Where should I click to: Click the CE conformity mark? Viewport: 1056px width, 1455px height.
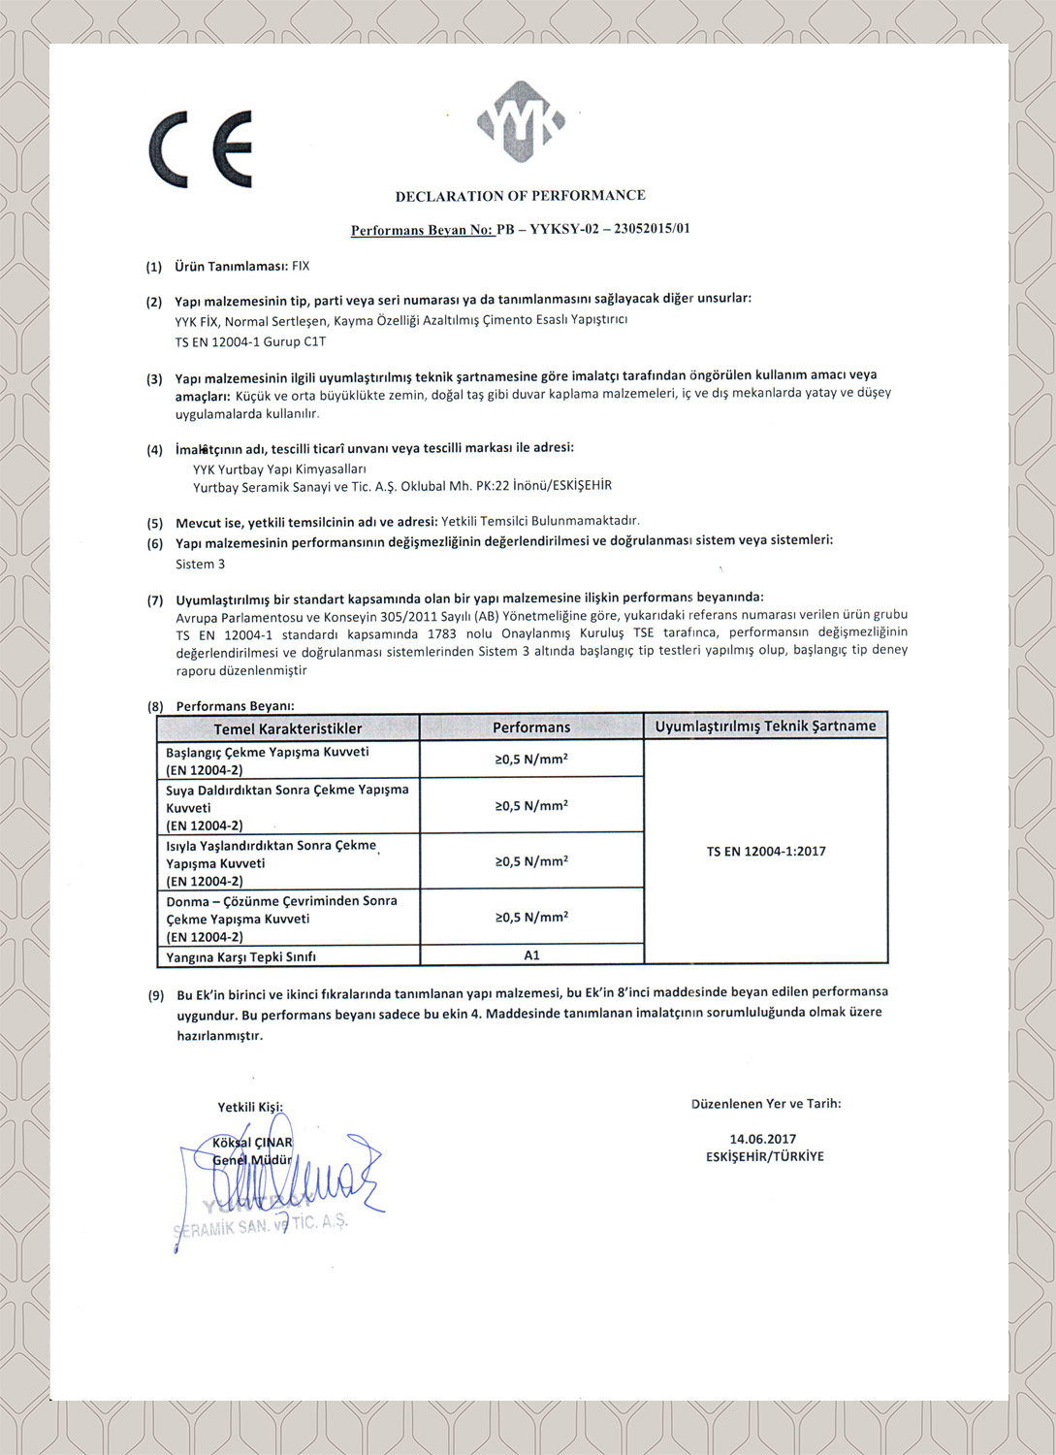pyautogui.click(x=201, y=148)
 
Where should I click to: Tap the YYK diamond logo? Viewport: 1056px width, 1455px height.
pyautogui.click(x=521, y=123)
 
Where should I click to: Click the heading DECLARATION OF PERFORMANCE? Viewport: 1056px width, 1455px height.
pyautogui.click(x=520, y=196)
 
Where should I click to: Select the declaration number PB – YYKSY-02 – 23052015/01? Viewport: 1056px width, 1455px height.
pyautogui.click(x=593, y=230)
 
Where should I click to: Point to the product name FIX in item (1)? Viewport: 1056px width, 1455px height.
pyautogui.click(x=301, y=266)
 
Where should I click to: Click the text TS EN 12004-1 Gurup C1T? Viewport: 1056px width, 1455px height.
pyautogui.click(x=250, y=341)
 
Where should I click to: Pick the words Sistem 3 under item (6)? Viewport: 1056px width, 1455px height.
pyautogui.click(x=200, y=564)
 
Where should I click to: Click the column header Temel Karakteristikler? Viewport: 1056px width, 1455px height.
pyautogui.click(x=288, y=728)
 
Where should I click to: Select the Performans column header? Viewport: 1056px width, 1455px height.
pyautogui.click(x=531, y=727)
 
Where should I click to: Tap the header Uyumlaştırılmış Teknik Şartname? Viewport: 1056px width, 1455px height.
pyautogui.click(x=765, y=726)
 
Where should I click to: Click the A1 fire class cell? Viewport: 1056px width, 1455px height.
pyautogui.click(x=531, y=955)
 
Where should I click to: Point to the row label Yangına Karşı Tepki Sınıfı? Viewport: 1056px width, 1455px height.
pyautogui.click(x=240, y=957)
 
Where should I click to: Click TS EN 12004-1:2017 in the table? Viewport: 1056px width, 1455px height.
pyautogui.click(x=766, y=852)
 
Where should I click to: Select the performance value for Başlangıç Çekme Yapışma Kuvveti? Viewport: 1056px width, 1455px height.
pyautogui.click(x=531, y=760)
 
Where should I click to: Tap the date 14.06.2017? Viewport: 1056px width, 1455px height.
pyautogui.click(x=763, y=1139)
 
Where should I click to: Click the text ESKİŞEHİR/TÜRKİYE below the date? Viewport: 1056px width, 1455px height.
pyautogui.click(x=765, y=1156)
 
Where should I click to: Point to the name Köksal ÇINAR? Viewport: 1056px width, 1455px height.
pyautogui.click(x=252, y=1143)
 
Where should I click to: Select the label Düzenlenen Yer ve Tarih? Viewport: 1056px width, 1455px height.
pyautogui.click(x=766, y=1104)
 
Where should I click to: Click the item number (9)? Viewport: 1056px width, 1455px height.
pyautogui.click(x=156, y=995)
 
